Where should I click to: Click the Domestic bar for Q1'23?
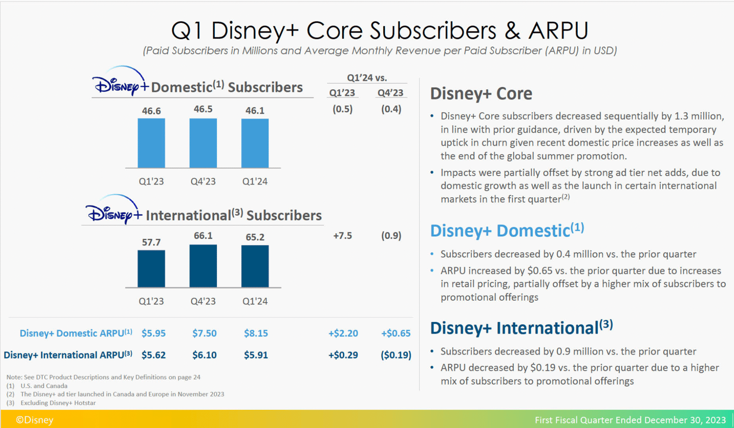(151, 143)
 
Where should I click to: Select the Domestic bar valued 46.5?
(203, 143)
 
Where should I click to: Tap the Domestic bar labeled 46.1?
(255, 143)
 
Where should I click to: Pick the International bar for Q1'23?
(151, 269)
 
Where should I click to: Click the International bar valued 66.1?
(203, 266)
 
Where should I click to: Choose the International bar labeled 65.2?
(255, 266)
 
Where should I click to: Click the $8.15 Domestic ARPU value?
(255, 333)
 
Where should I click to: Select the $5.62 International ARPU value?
(153, 355)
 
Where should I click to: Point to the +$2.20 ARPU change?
(343, 333)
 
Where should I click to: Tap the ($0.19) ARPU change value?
(396, 355)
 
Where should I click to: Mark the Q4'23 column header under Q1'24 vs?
(391, 93)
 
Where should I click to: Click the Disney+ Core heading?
(481, 94)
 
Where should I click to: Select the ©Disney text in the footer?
(34, 420)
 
